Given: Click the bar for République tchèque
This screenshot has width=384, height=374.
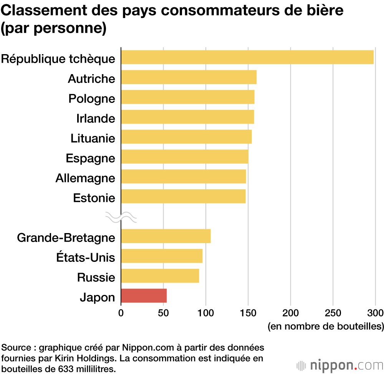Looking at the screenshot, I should (x=247, y=57).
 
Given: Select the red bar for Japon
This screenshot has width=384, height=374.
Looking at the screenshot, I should (x=144, y=296).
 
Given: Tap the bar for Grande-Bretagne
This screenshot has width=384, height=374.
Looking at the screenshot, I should (x=166, y=236).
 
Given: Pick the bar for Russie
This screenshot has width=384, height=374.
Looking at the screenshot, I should (x=160, y=276).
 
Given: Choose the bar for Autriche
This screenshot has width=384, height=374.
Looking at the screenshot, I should (x=189, y=77).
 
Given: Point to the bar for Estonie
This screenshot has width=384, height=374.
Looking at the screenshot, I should (x=183, y=196).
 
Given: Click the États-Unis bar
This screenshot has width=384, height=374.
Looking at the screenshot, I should (x=162, y=256).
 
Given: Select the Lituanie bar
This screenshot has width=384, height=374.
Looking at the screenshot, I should (x=186, y=137).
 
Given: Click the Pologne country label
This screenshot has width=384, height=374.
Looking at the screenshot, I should (x=92, y=99).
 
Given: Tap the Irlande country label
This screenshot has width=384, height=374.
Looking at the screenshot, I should (x=96, y=118).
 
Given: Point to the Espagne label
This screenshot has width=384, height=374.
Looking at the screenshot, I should (x=90, y=158).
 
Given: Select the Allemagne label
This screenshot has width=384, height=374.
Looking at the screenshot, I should (x=85, y=178).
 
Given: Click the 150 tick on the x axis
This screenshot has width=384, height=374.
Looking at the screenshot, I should (x=248, y=312).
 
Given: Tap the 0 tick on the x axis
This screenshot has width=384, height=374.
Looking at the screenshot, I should (x=121, y=312).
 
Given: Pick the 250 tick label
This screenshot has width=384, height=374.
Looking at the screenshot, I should (x=333, y=312).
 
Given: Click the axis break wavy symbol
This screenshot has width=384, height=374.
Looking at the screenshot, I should (x=121, y=218).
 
